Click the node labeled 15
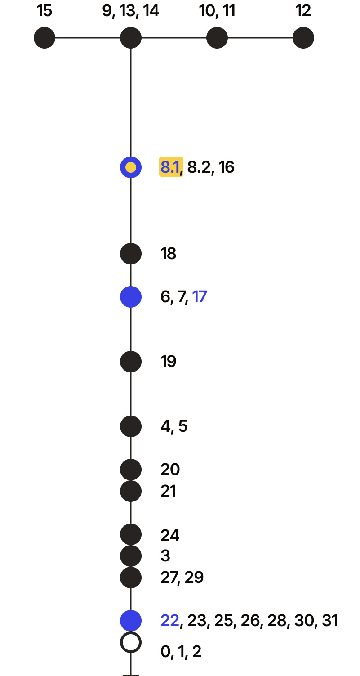(44, 38)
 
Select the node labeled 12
(303, 38)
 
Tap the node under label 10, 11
(217, 38)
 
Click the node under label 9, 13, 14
(130, 38)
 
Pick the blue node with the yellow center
(130, 167)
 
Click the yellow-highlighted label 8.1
(171, 166)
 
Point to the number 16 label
(226, 167)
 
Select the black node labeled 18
(130, 254)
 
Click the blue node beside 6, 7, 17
(130, 297)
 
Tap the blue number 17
(199, 297)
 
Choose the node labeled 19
(130, 362)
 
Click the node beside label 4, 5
(130, 426)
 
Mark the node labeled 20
(130, 470)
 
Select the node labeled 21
(130, 491)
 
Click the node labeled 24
(130, 534)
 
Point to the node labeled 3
(130, 556)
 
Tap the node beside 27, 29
(130, 578)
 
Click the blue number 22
(170, 621)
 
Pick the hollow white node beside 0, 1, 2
(130, 642)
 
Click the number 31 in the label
(330, 621)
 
